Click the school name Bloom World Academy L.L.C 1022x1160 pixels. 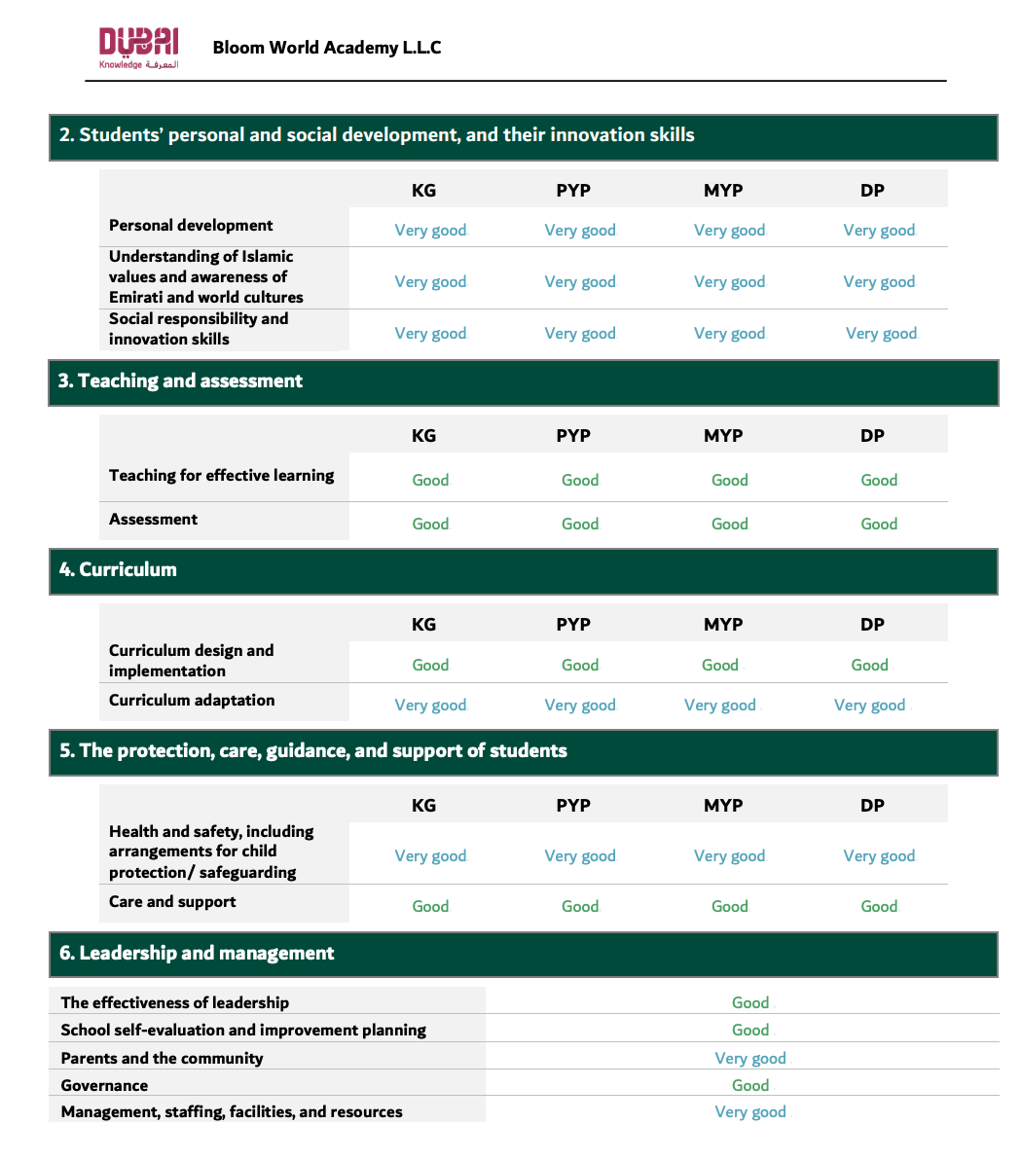tap(327, 48)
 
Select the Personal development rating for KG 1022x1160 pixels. tap(430, 231)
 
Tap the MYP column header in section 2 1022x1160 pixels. tap(723, 191)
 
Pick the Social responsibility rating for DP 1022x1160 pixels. tap(881, 334)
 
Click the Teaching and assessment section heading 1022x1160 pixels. tap(181, 381)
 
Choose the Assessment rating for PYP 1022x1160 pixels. tap(580, 525)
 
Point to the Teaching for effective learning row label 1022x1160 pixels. tap(221, 476)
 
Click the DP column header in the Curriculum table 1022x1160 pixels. tap(872, 625)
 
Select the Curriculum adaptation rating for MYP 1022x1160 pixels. tap(719, 706)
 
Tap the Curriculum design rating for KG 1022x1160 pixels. tap(430, 666)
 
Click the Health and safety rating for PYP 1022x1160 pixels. tap(580, 856)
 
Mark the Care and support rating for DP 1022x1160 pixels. tap(879, 907)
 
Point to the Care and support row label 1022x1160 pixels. tap(172, 902)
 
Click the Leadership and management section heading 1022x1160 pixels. tap(197, 954)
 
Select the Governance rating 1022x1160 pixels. tap(750, 1086)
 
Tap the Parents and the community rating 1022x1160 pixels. tap(750, 1059)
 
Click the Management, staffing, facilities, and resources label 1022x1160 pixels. tap(232, 1112)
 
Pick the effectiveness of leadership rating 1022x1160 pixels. tap(750, 1003)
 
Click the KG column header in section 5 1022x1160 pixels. tap(424, 806)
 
